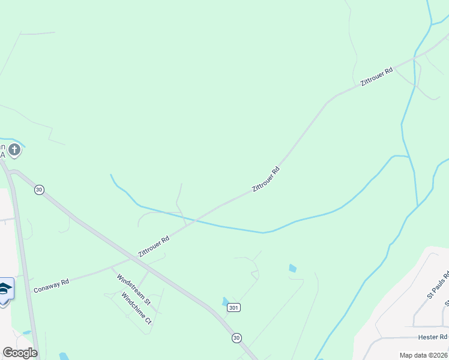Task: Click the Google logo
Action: (x=20, y=353)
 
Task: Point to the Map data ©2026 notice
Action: (x=423, y=355)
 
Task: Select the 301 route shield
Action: (x=234, y=308)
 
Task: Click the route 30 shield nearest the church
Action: (x=39, y=190)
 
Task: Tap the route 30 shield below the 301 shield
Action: (x=237, y=338)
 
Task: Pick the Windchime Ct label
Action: (x=136, y=308)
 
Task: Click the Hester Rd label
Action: (x=436, y=337)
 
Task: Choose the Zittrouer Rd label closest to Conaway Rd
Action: (x=154, y=246)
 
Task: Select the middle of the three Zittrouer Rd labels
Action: (x=266, y=179)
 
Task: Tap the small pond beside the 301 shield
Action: (x=225, y=301)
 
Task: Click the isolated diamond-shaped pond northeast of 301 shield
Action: (x=292, y=268)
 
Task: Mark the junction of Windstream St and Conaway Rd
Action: (x=110, y=267)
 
